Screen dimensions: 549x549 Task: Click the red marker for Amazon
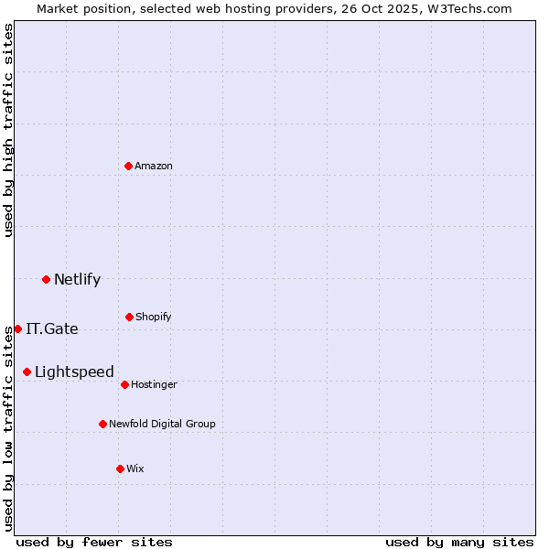[x=129, y=166]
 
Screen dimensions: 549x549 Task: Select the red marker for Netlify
[x=46, y=279]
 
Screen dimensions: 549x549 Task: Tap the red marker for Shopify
[x=129, y=317]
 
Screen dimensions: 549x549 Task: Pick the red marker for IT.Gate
[x=17, y=328]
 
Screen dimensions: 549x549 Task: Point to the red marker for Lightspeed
[x=27, y=371]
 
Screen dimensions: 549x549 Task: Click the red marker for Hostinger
[x=124, y=384]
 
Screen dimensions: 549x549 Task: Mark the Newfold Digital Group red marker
[x=102, y=424]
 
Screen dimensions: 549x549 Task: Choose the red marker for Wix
[x=120, y=468]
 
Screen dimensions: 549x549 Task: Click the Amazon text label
[x=154, y=167]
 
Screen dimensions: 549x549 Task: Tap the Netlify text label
[x=77, y=280]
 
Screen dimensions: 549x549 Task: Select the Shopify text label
[x=154, y=318]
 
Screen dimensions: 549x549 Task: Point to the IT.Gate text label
[x=52, y=329]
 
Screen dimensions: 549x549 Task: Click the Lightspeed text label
[x=74, y=372]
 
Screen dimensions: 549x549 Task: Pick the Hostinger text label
[x=154, y=385]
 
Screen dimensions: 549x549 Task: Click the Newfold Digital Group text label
[x=162, y=425]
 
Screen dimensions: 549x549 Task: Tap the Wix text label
[x=135, y=469]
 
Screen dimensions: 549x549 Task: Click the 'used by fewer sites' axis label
[x=94, y=542]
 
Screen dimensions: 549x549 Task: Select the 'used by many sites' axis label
[x=459, y=542]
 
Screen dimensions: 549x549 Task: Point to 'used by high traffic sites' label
[x=8, y=130]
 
